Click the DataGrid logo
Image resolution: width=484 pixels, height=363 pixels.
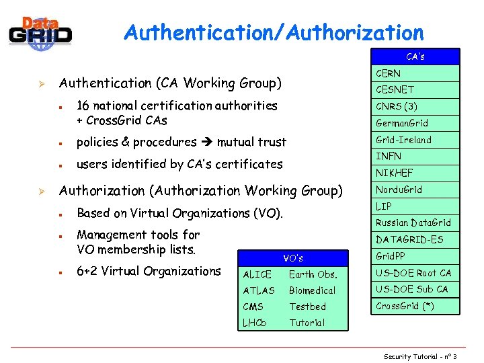click(x=40, y=32)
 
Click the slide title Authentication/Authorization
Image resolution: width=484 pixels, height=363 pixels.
click(x=274, y=32)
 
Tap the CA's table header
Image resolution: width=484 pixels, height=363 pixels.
click(x=415, y=56)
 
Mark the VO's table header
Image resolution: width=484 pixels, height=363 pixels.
click(x=293, y=258)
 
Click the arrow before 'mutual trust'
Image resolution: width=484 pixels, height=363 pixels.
click(x=207, y=142)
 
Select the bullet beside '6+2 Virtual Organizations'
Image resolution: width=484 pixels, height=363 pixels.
click(x=61, y=272)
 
